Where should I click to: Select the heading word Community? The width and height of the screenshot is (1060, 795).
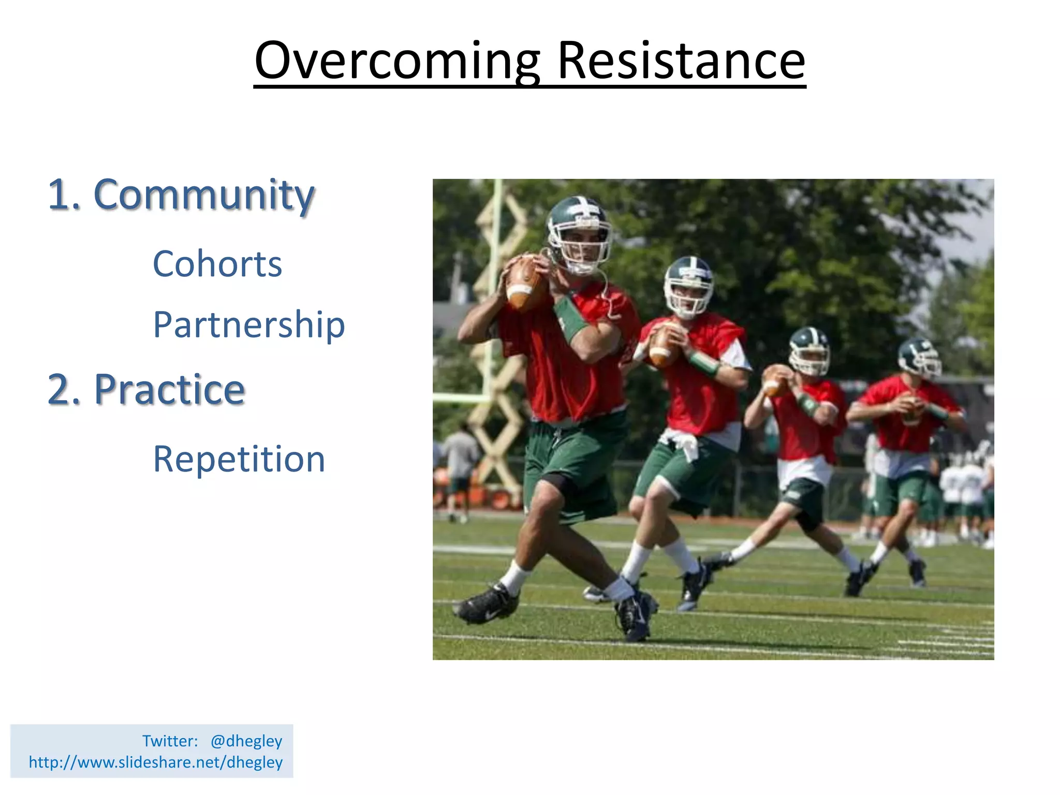point(204,196)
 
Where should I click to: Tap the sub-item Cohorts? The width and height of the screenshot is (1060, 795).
point(217,263)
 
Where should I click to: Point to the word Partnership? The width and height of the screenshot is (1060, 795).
point(249,325)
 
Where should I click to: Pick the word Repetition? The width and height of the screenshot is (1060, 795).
point(239,459)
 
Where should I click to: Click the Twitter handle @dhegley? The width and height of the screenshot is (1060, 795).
point(246,741)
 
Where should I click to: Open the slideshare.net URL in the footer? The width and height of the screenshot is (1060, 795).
point(156,762)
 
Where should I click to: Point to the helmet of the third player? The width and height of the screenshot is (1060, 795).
point(809,351)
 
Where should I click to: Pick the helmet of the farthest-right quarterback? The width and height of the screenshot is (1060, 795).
point(919,358)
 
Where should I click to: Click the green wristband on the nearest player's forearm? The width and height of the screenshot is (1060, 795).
point(571,318)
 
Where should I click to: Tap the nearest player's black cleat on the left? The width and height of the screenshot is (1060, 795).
point(487,604)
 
